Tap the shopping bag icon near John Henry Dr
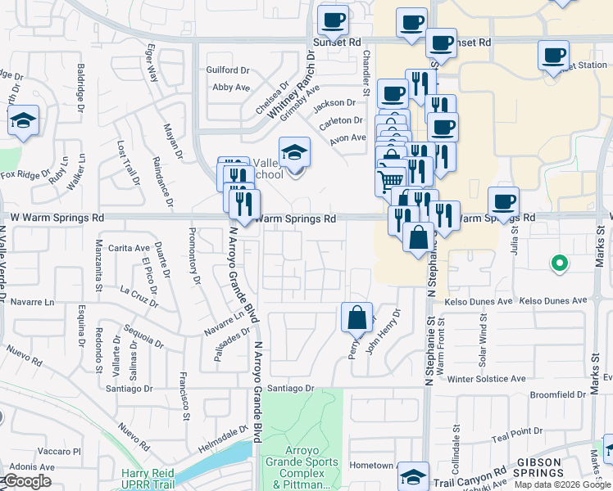(x=357, y=318)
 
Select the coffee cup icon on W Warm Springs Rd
(x=503, y=201)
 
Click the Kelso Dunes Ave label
(x=554, y=301)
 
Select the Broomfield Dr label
(x=557, y=394)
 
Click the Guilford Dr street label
(x=228, y=71)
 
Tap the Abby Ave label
(x=231, y=88)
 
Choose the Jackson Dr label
(x=334, y=103)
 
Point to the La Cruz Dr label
(x=138, y=295)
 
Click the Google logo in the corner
(x=27, y=481)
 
